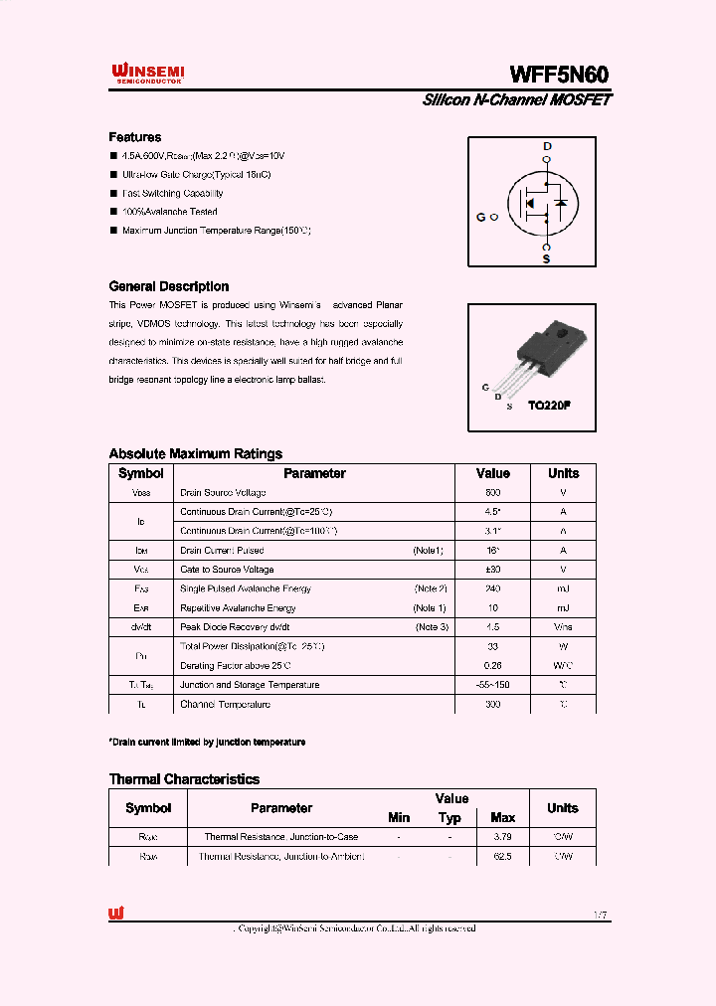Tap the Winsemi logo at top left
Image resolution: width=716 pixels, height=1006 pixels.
click(146, 73)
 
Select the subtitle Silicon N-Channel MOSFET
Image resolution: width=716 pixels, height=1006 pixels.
click(516, 100)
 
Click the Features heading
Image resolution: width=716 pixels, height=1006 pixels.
click(134, 137)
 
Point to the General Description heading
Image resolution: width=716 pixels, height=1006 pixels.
click(168, 286)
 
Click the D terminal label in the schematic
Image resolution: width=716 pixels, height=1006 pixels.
click(546, 146)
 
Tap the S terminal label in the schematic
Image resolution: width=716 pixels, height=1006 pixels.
click(546, 258)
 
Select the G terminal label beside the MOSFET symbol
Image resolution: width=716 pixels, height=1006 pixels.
click(481, 216)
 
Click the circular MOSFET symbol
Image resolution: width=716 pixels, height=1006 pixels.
click(544, 203)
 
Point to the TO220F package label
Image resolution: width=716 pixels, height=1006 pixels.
click(548, 406)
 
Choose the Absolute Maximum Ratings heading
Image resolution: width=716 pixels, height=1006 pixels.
click(195, 453)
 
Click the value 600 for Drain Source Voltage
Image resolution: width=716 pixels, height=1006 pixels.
click(493, 493)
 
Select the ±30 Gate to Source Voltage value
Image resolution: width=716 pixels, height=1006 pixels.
click(493, 570)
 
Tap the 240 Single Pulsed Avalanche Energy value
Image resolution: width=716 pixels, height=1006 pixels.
click(493, 588)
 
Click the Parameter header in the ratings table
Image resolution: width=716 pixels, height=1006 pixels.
click(314, 474)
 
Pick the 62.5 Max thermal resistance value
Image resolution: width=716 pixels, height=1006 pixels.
click(502, 856)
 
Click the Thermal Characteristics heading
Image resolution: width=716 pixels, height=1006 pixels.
click(184, 779)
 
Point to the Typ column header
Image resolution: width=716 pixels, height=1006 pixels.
click(449, 818)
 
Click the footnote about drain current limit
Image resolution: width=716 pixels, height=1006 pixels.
click(207, 743)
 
